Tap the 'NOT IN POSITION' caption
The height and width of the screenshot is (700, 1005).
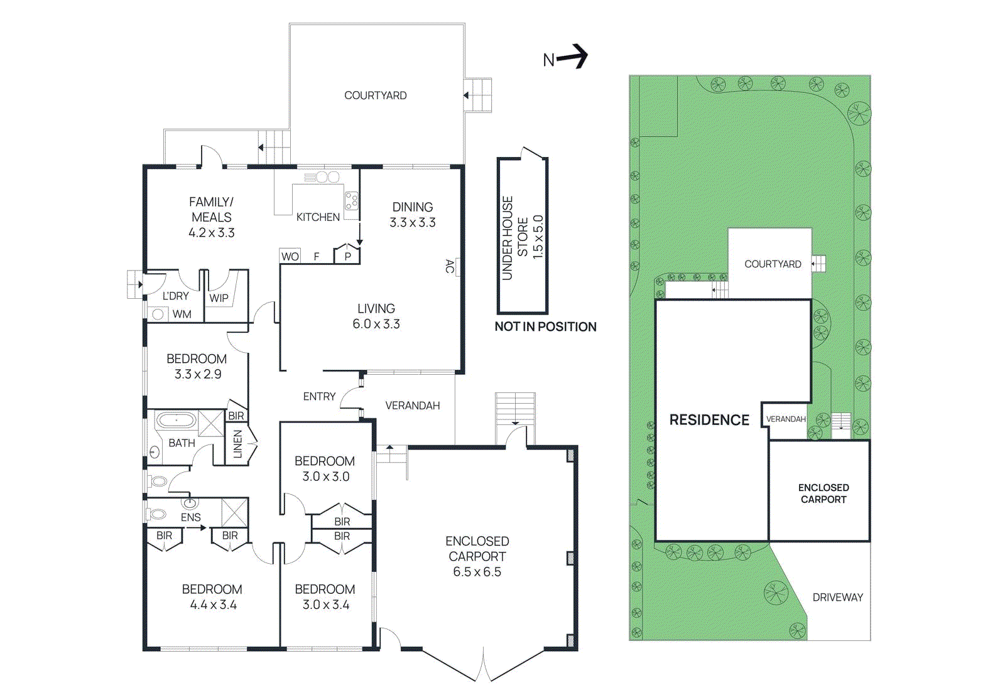545,326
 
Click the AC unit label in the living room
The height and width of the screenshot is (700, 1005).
449,266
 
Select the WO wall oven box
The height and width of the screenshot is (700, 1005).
290,256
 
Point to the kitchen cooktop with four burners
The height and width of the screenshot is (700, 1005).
352,201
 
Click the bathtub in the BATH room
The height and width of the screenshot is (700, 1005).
177,420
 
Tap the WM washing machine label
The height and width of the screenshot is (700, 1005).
182,314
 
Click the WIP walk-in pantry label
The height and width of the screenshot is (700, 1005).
219,298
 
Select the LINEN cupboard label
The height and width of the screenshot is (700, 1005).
237,444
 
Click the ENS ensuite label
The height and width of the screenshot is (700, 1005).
190,517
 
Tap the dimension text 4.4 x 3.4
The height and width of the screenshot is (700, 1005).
213,605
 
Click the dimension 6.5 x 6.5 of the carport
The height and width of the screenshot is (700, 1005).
477,571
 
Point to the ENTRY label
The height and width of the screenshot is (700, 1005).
319,396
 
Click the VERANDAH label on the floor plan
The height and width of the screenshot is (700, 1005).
412,406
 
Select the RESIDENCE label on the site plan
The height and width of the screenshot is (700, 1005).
709,419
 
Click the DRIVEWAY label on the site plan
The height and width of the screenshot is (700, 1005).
837,597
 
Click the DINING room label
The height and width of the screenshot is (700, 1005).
412,207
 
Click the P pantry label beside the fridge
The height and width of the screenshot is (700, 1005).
347,256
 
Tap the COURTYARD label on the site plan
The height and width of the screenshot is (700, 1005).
773,264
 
